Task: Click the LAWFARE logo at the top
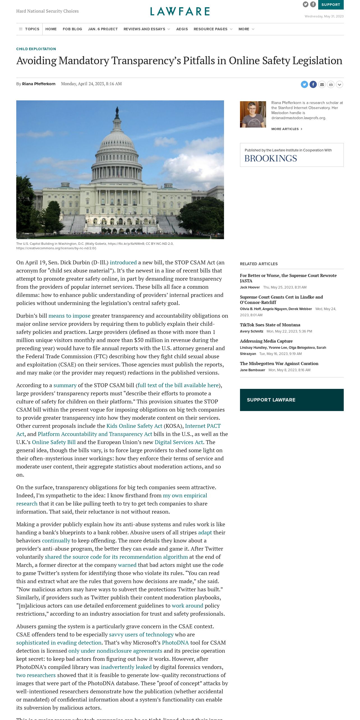point(180,11)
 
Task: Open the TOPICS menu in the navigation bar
point(29,29)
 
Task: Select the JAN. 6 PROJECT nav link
point(103,29)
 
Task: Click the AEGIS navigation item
point(182,29)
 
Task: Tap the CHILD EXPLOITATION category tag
point(36,49)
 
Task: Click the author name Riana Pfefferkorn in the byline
point(39,84)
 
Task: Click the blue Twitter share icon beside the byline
point(304,84)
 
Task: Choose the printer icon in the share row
point(331,84)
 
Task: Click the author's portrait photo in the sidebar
point(253,114)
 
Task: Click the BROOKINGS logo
point(271,158)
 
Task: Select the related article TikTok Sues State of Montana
point(270,325)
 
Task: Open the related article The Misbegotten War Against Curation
point(279,363)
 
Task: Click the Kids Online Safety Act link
point(134,426)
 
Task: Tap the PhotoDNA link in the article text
point(175,643)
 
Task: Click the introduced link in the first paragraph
point(123,262)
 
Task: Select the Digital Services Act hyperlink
point(179,442)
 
